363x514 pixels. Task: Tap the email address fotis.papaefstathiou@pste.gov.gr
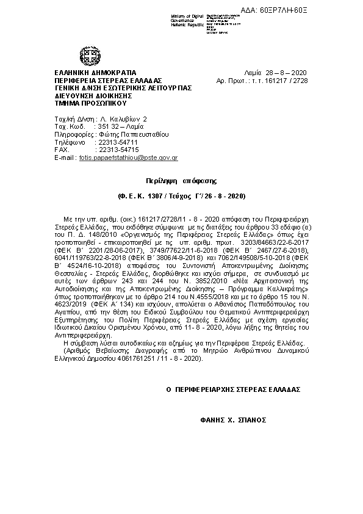pos(124,157)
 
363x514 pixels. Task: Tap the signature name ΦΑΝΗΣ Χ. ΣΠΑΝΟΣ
pos(232,421)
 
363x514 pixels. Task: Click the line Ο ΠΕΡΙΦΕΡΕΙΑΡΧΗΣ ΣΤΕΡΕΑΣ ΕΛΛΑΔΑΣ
pos(232,389)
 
